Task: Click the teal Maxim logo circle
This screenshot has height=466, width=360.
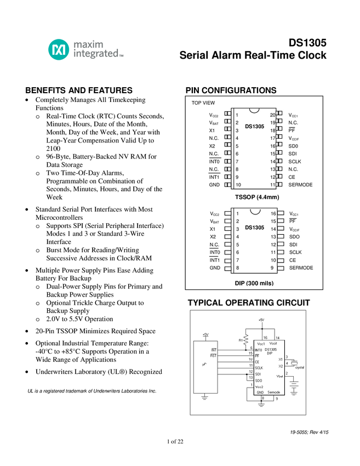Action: [x=59, y=50]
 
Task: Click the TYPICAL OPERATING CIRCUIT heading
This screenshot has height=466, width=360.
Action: [x=249, y=303]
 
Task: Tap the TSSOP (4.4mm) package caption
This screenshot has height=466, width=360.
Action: [x=257, y=197]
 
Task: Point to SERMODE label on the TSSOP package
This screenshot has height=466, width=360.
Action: [x=300, y=185]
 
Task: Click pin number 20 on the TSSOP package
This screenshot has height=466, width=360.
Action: [x=272, y=115]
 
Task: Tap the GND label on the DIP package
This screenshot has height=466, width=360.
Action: [x=215, y=268]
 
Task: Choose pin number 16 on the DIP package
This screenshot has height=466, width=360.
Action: [x=272, y=213]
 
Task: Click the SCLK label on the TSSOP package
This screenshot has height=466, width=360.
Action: [x=295, y=162]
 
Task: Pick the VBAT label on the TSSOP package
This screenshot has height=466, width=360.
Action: [x=214, y=123]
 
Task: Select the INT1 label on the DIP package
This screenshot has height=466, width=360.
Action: [x=214, y=260]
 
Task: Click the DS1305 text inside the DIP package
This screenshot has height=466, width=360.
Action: [x=254, y=228]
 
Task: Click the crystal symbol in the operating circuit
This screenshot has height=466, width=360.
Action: [x=294, y=362]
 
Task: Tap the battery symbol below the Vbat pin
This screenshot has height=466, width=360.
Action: [x=294, y=387]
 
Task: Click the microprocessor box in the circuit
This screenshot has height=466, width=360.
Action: [x=205, y=367]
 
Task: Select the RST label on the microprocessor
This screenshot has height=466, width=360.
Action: [x=213, y=356]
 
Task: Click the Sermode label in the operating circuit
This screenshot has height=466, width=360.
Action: [x=274, y=393]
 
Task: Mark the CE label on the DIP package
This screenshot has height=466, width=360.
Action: [x=292, y=260]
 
